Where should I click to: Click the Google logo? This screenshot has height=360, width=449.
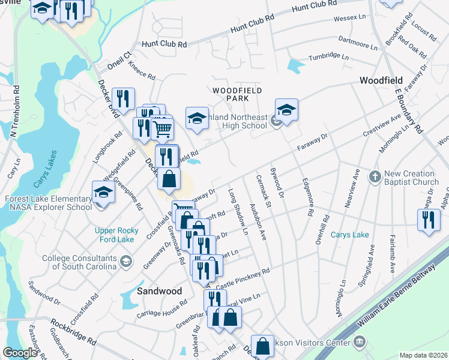[20, 353]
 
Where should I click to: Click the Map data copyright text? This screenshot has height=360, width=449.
[423, 355]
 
